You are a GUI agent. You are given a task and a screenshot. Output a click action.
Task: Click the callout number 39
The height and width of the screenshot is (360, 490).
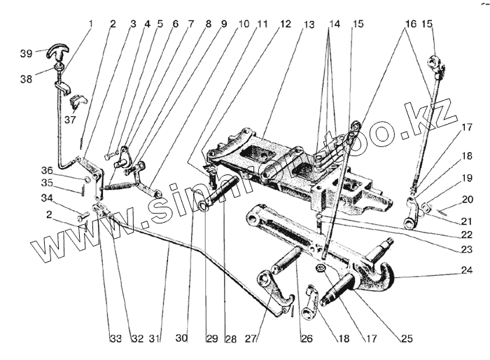point(27,53)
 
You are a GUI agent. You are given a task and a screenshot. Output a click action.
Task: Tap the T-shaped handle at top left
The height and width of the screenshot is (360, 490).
point(58,51)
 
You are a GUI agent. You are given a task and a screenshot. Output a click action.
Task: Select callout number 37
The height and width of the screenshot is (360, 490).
point(70,119)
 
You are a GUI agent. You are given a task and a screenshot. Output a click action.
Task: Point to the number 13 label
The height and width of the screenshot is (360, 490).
point(309,25)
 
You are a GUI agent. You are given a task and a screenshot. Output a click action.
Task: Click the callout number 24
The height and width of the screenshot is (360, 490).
point(467,270)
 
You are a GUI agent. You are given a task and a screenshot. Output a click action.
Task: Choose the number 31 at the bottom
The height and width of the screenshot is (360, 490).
point(156,339)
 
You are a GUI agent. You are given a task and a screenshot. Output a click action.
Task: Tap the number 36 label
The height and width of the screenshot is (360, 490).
point(47,171)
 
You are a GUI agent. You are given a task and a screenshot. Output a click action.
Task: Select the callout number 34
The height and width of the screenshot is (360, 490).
point(47,198)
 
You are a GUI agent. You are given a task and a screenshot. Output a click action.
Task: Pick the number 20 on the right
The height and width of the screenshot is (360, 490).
point(468,199)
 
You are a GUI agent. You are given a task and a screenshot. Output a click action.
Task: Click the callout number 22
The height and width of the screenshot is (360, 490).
point(467,235)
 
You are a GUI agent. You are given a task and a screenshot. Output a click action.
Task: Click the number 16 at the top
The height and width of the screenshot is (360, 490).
point(411,24)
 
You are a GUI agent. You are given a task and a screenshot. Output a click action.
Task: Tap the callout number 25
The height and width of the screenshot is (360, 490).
point(406,339)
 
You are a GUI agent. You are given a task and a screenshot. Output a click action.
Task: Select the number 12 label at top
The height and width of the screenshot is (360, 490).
point(285,24)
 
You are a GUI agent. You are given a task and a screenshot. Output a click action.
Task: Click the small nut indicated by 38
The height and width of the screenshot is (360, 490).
point(59,67)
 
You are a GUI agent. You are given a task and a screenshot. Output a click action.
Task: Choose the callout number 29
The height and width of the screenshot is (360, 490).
point(212,339)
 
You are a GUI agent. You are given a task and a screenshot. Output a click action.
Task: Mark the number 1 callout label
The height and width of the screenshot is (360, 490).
point(91,24)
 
